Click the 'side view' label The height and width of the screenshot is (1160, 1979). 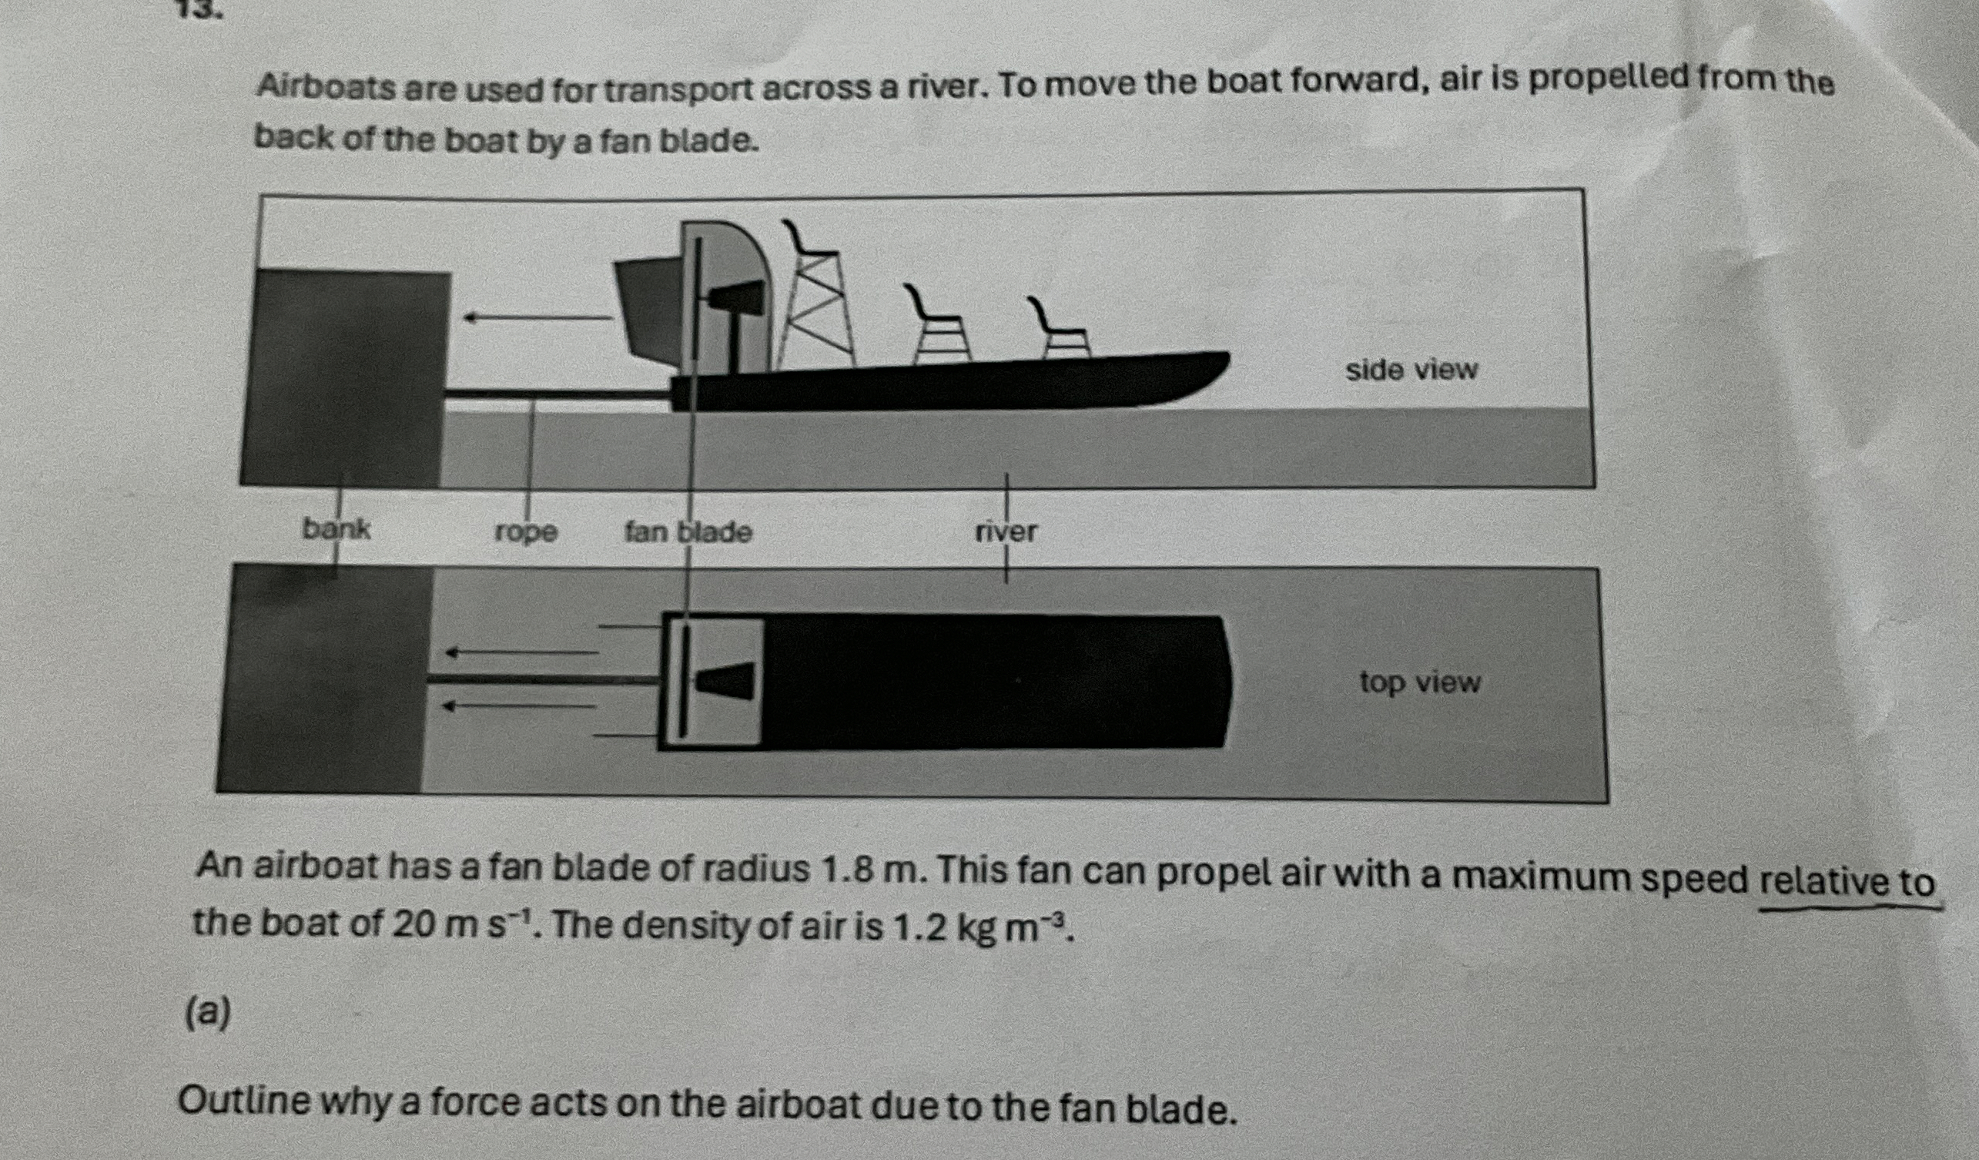[x=1411, y=370]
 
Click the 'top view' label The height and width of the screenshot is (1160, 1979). [x=1420, y=682]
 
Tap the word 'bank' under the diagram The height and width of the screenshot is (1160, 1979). [x=336, y=529]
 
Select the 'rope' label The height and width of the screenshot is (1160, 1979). [x=526, y=532]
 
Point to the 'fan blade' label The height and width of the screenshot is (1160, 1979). [x=688, y=532]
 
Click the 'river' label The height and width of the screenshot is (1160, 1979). [x=1006, y=532]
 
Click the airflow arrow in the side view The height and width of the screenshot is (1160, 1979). [x=537, y=317]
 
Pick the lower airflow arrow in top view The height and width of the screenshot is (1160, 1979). [x=518, y=706]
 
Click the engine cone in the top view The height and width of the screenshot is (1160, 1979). [x=726, y=680]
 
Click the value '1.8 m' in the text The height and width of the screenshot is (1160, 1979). [x=865, y=870]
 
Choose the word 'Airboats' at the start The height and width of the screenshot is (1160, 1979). [x=330, y=88]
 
